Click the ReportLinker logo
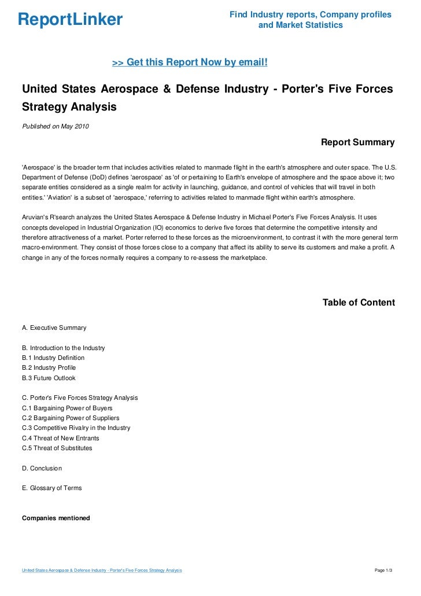point(70,20)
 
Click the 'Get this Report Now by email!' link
point(190,62)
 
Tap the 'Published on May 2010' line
point(55,126)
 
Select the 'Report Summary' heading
point(357,142)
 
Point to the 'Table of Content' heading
point(359,303)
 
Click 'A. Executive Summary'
point(54,328)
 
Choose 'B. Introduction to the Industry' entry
point(63,348)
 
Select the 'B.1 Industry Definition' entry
point(53,358)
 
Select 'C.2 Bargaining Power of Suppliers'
point(70,418)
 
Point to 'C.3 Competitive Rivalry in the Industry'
point(76,428)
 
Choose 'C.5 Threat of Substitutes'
point(57,448)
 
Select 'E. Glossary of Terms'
point(51,488)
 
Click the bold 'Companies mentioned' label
point(56,518)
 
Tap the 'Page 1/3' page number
point(383,571)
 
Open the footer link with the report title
point(102,571)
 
